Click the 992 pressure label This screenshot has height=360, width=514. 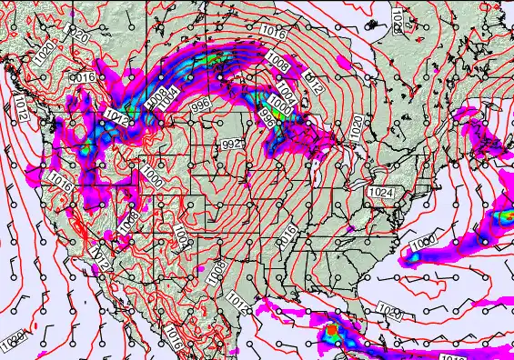click(x=233, y=145)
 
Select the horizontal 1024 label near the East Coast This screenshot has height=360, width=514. click(x=380, y=193)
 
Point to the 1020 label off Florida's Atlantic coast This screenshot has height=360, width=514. click(x=390, y=312)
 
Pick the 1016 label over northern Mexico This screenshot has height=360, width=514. click(x=174, y=341)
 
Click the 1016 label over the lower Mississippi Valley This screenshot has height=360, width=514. click(x=287, y=237)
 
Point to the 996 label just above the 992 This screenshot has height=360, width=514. click(x=201, y=106)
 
